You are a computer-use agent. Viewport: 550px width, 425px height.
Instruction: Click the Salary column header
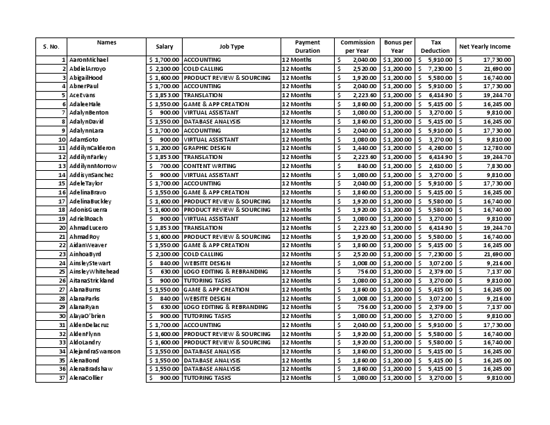[164, 47]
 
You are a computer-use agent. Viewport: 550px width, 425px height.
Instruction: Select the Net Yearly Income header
[485, 47]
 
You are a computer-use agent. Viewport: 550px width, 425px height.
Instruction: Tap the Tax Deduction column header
[435, 47]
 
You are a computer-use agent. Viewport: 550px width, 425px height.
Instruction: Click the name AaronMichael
[89, 60]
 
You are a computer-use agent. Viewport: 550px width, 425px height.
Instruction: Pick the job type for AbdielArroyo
[208, 69]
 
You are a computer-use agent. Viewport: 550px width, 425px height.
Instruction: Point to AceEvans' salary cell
[164, 95]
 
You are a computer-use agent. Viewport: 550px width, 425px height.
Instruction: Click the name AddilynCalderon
[92, 148]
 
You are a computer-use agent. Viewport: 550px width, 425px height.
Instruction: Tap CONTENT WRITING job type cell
[208, 166]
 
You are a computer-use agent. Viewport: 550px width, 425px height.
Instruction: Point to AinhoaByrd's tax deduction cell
[435, 254]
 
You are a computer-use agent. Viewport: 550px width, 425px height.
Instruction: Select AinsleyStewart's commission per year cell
[357, 263]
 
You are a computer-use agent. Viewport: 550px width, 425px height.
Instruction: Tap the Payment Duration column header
[308, 47]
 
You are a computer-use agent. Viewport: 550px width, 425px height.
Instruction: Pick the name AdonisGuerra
[88, 210]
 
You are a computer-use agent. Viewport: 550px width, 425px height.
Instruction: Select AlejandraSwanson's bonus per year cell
[398, 351]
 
